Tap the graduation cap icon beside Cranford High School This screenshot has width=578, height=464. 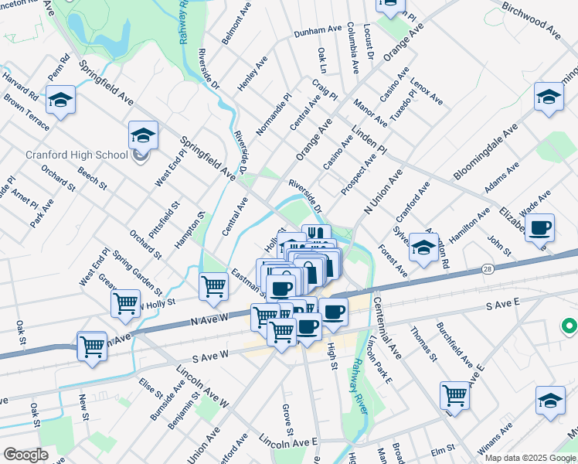pyautogui.click(x=143, y=135)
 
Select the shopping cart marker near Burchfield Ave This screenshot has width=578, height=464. pyautogui.click(x=454, y=395)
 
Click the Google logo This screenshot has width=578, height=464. pyautogui.click(x=25, y=455)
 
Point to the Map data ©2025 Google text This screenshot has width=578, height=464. pyautogui.click(x=530, y=458)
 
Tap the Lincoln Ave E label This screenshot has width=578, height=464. pyautogui.click(x=289, y=441)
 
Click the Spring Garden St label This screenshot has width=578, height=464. pyautogui.click(x=136, y=273)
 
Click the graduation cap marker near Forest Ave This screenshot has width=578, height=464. pyautogui.click(x=423, y=247)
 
